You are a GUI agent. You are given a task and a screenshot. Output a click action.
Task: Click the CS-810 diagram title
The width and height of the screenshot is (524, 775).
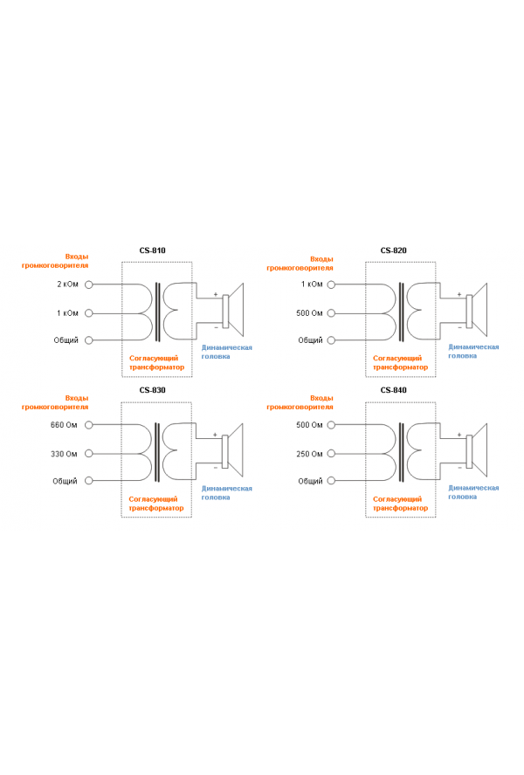(x=152, y=250)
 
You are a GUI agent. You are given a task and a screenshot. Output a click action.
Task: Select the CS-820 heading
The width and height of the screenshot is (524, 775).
(x=394, y=250)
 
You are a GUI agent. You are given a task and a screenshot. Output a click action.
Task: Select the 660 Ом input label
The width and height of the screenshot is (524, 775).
(x=65, y=425)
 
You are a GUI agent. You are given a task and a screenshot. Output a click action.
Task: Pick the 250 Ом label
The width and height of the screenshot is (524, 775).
(x=310, y=454)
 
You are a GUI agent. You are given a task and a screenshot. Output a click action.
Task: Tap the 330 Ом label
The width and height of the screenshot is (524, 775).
(x=65, y=454)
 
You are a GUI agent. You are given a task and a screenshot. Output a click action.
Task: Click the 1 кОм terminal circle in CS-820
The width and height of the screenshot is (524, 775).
(x=333, y=285)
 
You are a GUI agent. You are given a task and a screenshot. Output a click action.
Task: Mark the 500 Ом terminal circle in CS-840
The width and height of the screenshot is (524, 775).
(x=333, y=425)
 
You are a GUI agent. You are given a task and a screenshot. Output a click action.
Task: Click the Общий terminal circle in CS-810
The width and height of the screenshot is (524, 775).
(x=88, y=340)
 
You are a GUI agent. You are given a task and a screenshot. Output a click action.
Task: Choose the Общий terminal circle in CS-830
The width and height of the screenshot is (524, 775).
(x=88, y=481)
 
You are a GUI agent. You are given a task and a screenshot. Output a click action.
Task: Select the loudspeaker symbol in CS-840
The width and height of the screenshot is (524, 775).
(x=477, y=451)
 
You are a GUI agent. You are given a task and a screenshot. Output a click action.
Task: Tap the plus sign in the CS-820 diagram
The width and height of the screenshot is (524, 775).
(x=459, y=294)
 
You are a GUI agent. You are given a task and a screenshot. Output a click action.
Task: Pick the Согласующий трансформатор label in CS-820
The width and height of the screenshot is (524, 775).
(x=400, y=362)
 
